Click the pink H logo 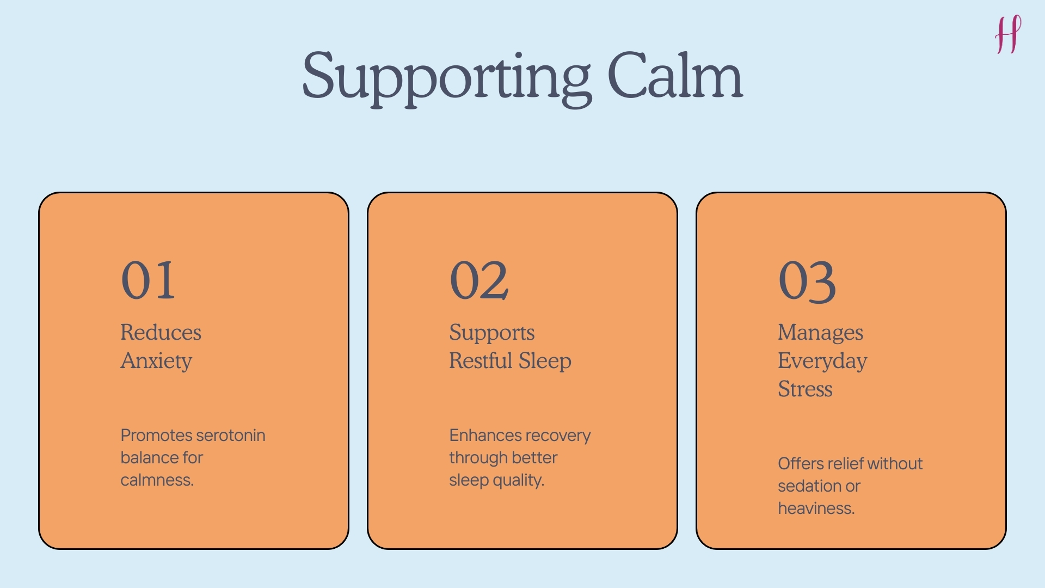tap(1008, 35)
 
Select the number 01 tap(148, 280)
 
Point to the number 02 tap(479, 280)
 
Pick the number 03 tap(807, 281)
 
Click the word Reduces tap(161, 333)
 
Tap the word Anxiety tap(156, 361)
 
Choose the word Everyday tap(822, 362)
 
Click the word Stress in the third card tap(805, 389)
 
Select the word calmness tap(157, 480)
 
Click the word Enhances tap(485, 436)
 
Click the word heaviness tap(816, 509)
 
